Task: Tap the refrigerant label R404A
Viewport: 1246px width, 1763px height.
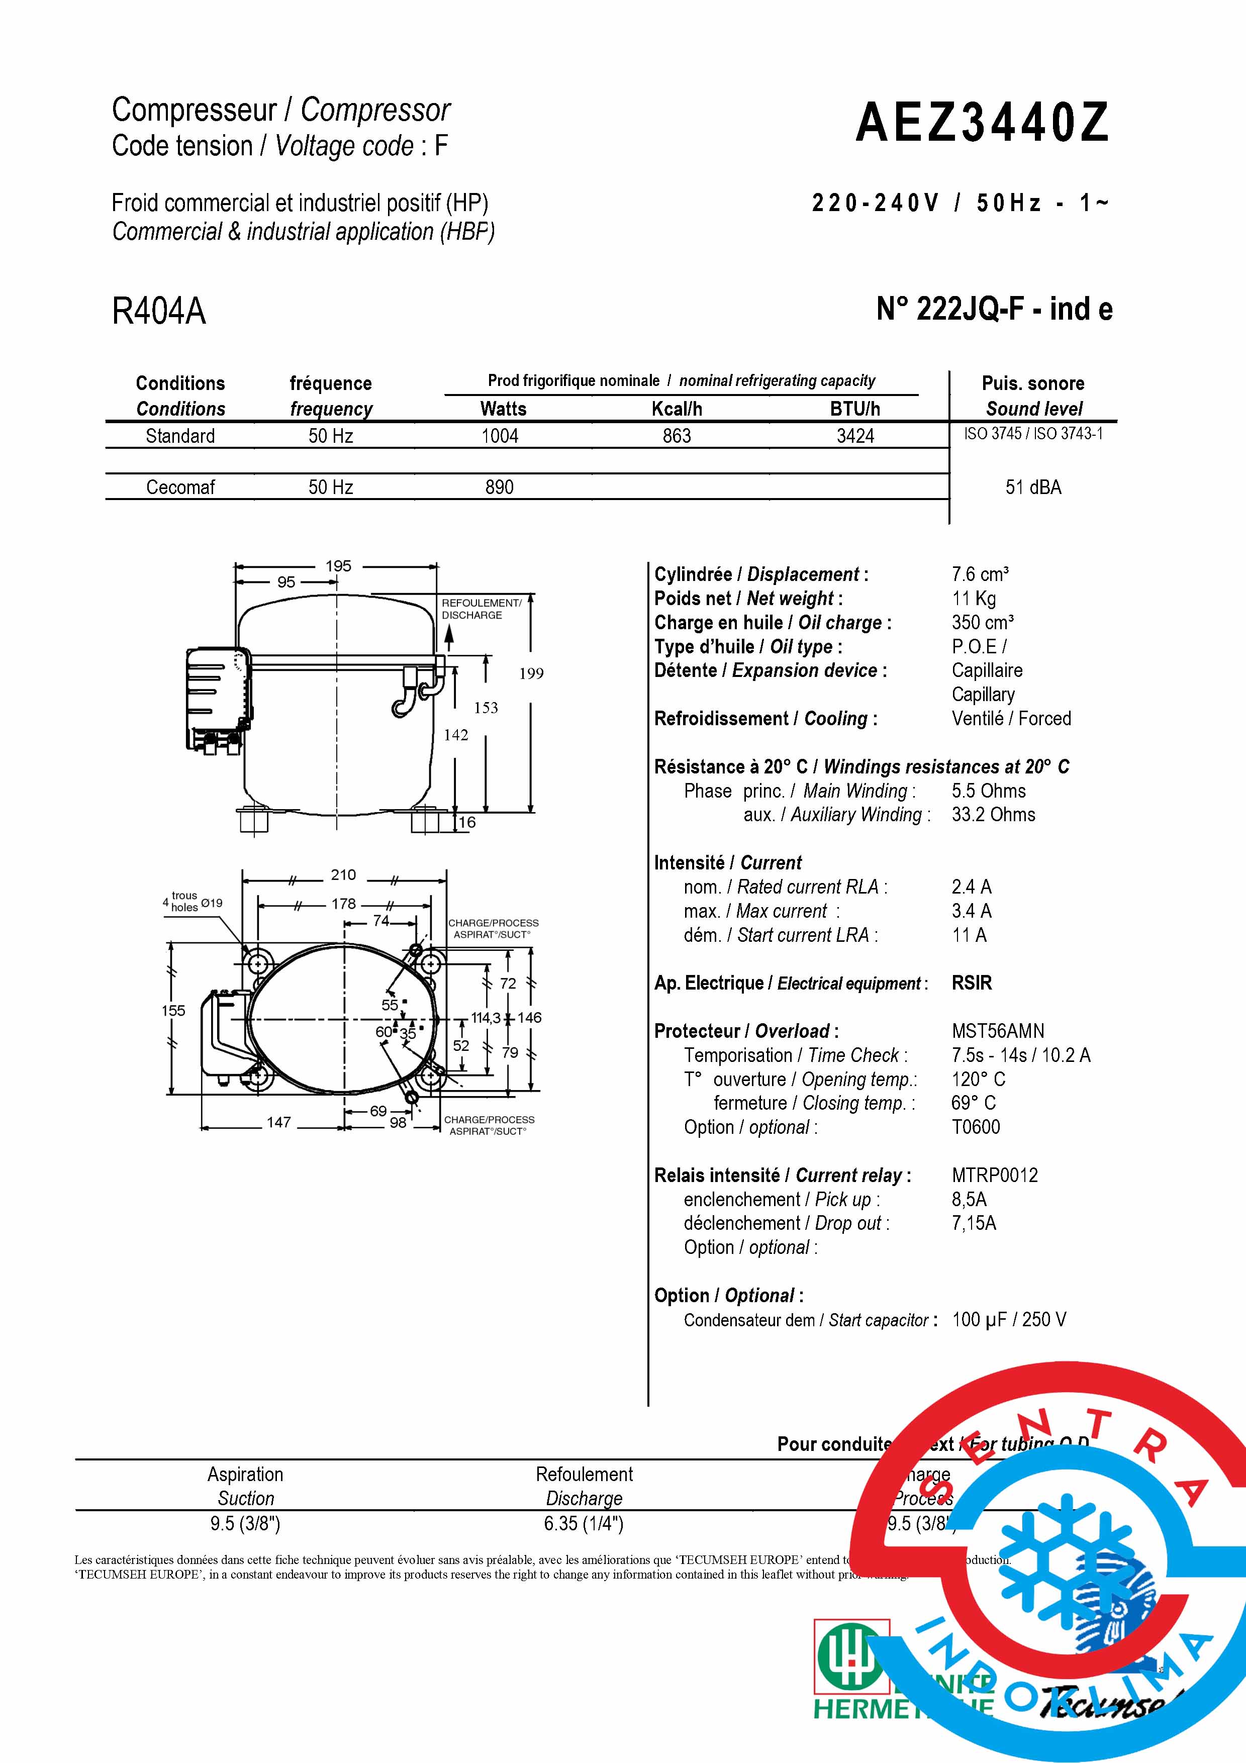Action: coord(159,312)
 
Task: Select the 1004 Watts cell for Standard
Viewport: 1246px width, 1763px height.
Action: coord(500,436)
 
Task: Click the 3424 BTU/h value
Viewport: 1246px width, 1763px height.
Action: coord(855,436)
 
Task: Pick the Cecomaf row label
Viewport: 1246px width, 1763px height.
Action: coord(180,487)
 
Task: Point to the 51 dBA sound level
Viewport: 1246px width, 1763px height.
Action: coord(1033,487)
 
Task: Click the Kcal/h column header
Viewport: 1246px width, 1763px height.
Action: coord(677,409)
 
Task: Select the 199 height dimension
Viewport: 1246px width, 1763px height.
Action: coord(531,673)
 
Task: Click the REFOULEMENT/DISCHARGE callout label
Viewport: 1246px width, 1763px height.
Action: coord(482,609)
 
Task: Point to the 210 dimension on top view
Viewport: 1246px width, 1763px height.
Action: coord(343,874)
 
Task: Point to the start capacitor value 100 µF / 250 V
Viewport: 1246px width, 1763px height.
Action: coord(1009,1320)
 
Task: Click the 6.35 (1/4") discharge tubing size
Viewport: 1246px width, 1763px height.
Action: coord(584,1523)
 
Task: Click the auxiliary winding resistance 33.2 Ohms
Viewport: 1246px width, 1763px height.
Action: coord(993,815)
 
